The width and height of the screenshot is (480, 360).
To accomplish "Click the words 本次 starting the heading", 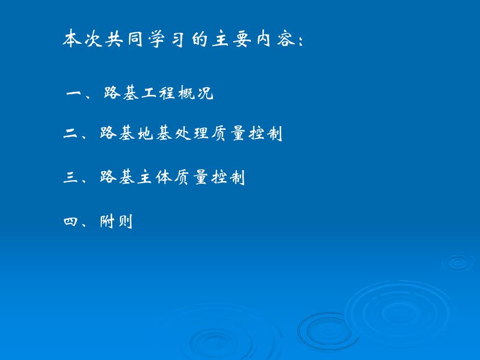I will pyautogui.click(x=80, y=40).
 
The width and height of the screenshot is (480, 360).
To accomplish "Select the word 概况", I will pyautogui.click(x=196, y=94).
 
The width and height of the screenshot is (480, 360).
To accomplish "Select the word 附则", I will pyautogui.click(x=117, y=222).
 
